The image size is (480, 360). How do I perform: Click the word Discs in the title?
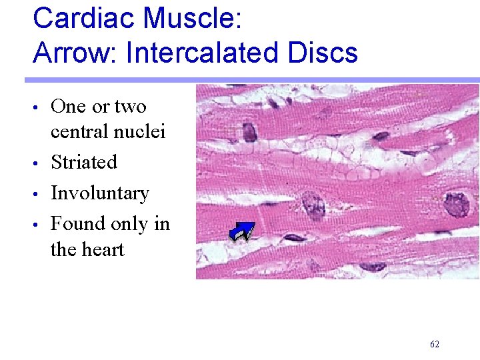click(x=325, y=53)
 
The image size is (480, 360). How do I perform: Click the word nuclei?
click(x=141, y=132)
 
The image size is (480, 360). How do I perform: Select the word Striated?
click(x=84, y=162)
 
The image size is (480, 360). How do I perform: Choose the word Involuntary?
click(x=100, y=193)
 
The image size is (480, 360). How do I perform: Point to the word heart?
click(x=107, y=249)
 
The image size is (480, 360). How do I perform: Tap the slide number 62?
click(x=435, y=344)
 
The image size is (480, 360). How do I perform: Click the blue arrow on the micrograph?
click(x=241, y=231)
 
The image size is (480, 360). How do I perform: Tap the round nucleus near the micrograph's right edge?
click(x=457, y=204)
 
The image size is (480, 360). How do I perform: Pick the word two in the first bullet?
click(x=131, y=107)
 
